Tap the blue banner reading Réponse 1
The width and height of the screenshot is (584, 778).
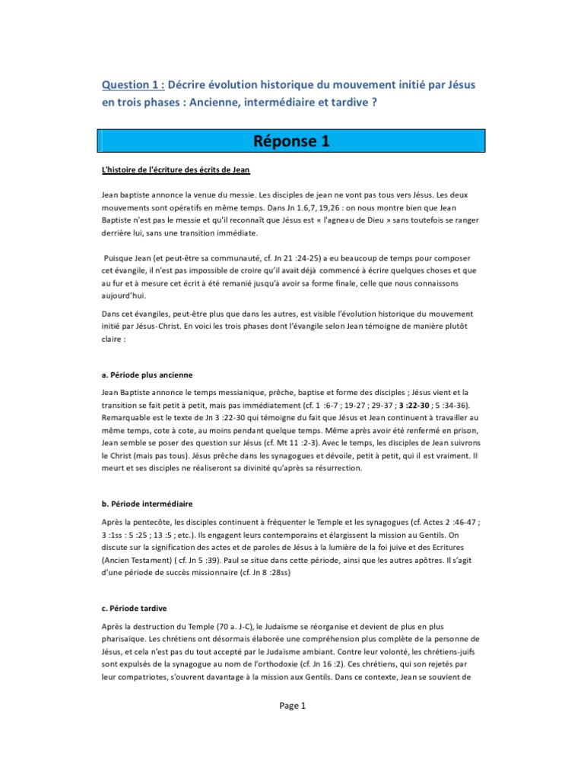292,141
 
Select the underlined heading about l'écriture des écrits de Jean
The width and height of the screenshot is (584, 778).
176,168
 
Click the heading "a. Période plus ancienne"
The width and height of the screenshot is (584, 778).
147,375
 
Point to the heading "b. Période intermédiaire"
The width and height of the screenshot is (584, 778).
147,504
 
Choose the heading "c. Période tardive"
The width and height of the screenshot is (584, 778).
135,609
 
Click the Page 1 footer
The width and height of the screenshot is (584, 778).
292,706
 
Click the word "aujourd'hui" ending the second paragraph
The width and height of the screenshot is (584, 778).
126,296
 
